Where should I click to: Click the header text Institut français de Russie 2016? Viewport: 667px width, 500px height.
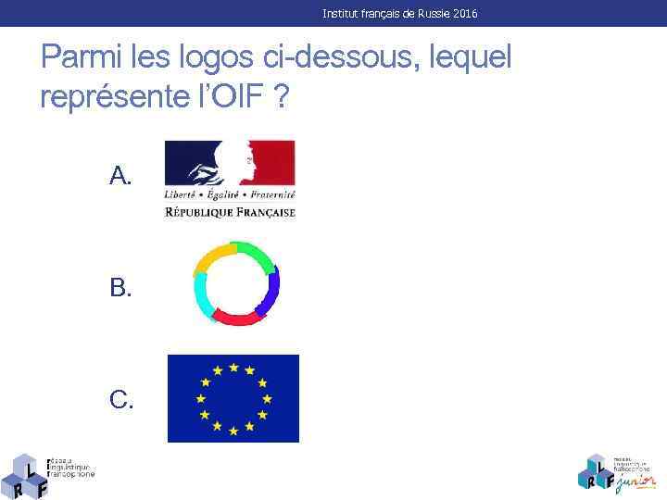(400, 14)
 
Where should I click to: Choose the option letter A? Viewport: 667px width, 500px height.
(120, 175)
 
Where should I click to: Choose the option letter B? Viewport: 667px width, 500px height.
(120, 288)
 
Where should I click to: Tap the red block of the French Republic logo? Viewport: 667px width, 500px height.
(275, 162)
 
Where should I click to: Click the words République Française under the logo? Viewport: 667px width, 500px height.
(230, 212)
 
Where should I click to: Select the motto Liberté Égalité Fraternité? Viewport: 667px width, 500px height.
(230, 195)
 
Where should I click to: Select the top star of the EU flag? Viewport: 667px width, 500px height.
(233, 367)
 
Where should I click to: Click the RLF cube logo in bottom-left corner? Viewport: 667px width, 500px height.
(27, 475)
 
